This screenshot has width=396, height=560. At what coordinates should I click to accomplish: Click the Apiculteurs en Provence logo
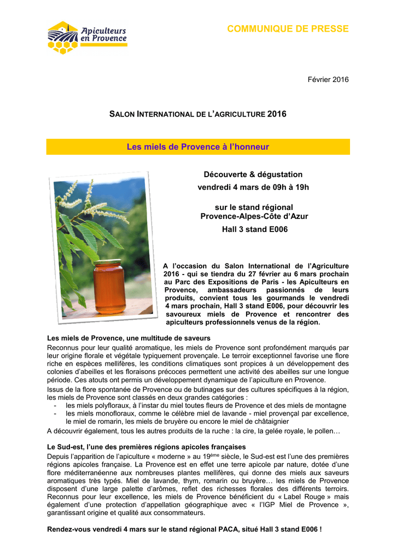point(88,37)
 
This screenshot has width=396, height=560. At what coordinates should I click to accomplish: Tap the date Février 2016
point(329,80)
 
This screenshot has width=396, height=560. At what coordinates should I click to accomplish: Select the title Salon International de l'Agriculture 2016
point(198,114)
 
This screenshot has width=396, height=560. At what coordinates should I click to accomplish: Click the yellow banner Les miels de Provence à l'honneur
point(198,147)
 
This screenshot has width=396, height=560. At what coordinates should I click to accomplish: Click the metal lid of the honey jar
point(108,263)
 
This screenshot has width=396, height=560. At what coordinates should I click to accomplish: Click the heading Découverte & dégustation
point(253,174)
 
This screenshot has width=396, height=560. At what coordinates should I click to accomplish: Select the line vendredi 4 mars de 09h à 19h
point(253,188)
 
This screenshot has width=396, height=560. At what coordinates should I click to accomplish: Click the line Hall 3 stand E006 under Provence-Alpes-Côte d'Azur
point(254,230)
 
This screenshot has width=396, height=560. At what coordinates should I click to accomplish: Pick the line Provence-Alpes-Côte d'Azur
point(254,217)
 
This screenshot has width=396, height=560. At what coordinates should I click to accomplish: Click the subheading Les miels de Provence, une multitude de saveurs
point(129,339)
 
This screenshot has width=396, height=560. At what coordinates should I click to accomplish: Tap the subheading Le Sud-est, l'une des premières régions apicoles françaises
point(147,447)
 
